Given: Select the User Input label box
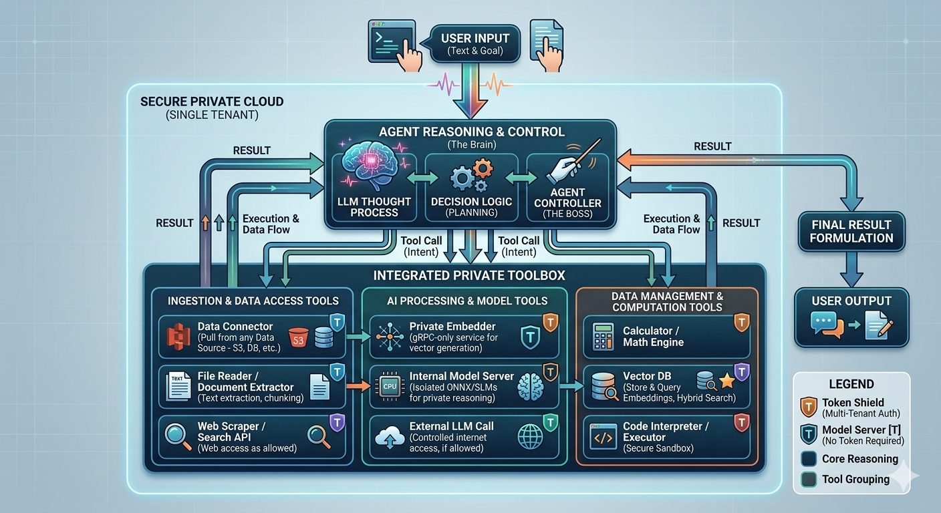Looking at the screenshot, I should point(475,43).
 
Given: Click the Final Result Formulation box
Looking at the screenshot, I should point(851,231).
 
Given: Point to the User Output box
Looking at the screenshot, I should point(851,317).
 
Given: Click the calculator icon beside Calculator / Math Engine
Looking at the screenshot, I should point(603,337).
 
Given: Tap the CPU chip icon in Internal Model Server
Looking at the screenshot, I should point(389,386).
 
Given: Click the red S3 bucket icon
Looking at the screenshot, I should point(298,337).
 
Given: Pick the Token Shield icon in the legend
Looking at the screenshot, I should point(808,407).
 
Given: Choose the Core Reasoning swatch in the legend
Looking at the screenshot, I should point(808,459).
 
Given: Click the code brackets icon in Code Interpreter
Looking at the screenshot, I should point(603,438).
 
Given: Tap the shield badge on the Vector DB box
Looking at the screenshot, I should point(742,373).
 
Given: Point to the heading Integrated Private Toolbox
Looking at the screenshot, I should point(468,275).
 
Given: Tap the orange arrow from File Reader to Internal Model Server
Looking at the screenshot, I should point(358,385).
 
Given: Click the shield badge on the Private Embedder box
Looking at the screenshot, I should point(549,322).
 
